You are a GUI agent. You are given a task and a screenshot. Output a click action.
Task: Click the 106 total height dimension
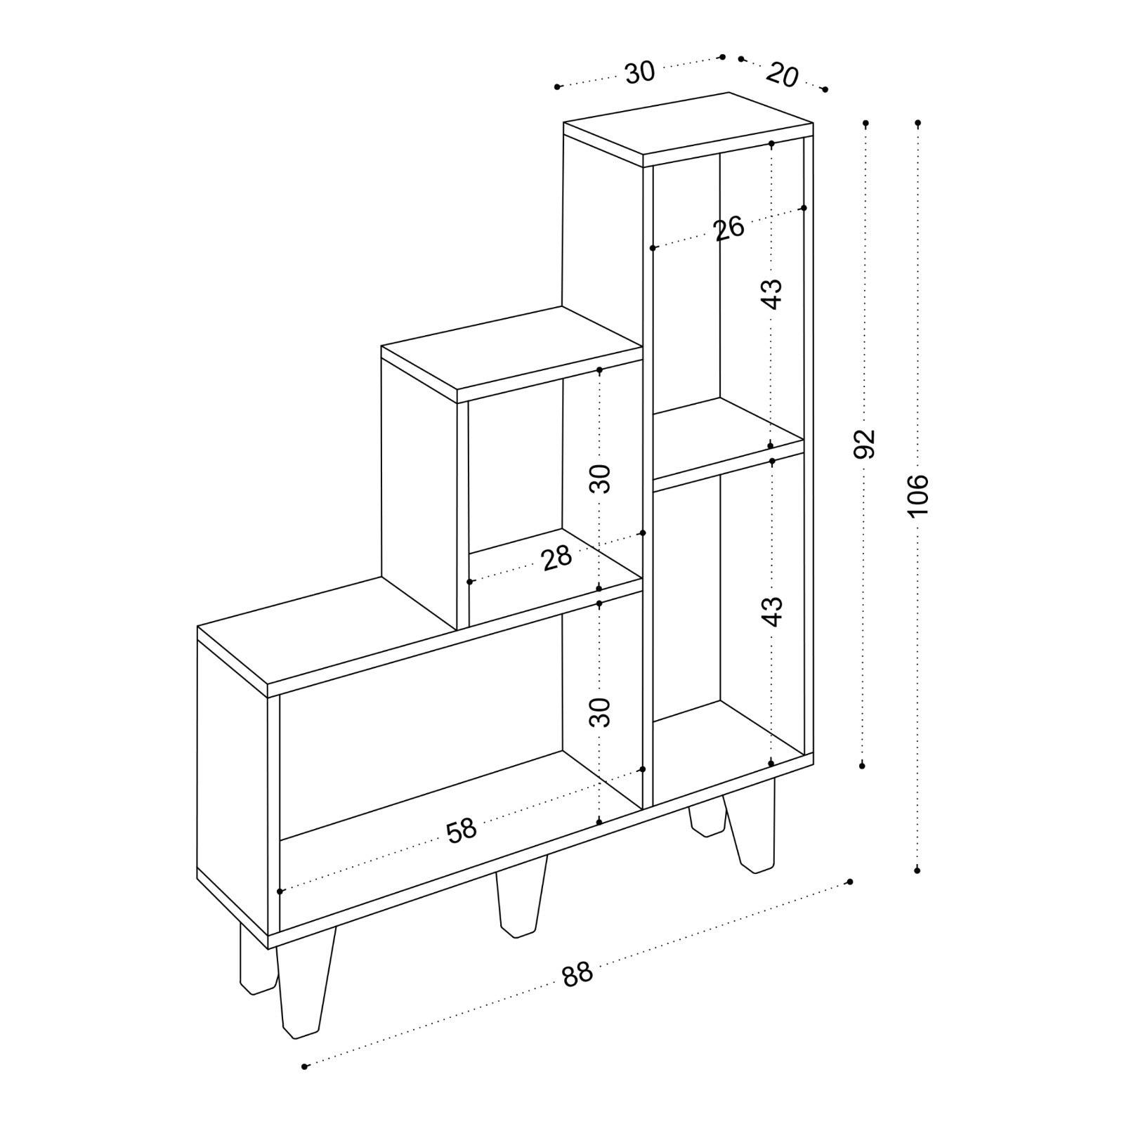coord(917,495)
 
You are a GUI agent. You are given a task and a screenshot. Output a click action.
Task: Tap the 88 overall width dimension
coord(577,975)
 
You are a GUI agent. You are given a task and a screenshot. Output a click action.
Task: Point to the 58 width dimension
coord(462,830)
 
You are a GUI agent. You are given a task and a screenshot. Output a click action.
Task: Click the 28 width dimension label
coord(557,559)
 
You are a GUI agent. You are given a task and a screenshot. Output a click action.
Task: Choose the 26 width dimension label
coord(728,229)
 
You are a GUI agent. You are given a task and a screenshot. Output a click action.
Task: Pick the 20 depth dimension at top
coord(782,74)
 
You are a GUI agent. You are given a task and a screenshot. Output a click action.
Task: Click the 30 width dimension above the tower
coord(639,72)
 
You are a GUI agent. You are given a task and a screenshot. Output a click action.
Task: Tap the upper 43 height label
coord(772,294)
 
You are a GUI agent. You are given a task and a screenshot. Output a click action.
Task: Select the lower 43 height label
coord(772,610)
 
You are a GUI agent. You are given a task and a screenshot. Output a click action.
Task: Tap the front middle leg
coord(521,903)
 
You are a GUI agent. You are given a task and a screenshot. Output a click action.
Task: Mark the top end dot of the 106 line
coord(917,124)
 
